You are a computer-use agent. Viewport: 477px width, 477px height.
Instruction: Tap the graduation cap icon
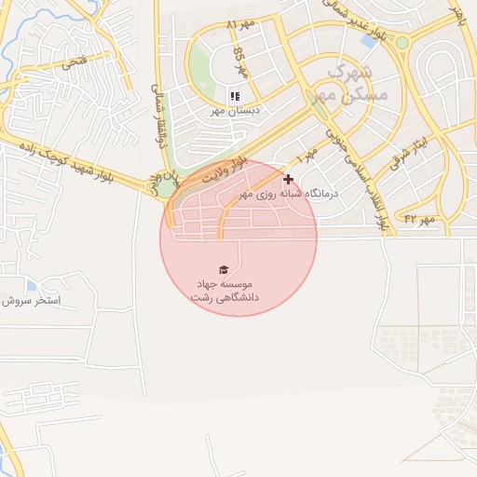coord(223,269)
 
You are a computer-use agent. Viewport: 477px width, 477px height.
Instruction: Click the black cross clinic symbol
coord(288,179)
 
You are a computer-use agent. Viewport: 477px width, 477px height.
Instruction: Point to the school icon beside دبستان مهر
coord(235,96)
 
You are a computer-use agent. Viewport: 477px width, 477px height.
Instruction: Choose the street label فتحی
coord(72,63)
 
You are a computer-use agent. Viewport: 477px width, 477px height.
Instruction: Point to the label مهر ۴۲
coord(420,218)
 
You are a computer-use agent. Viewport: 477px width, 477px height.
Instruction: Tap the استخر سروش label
coord(31,301)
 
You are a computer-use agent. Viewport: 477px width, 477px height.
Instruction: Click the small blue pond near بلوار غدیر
coord(368,41)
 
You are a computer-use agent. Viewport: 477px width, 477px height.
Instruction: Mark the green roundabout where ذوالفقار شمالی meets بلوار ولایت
coord(166,187)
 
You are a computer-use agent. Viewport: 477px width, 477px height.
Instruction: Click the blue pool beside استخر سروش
coord(33,285)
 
